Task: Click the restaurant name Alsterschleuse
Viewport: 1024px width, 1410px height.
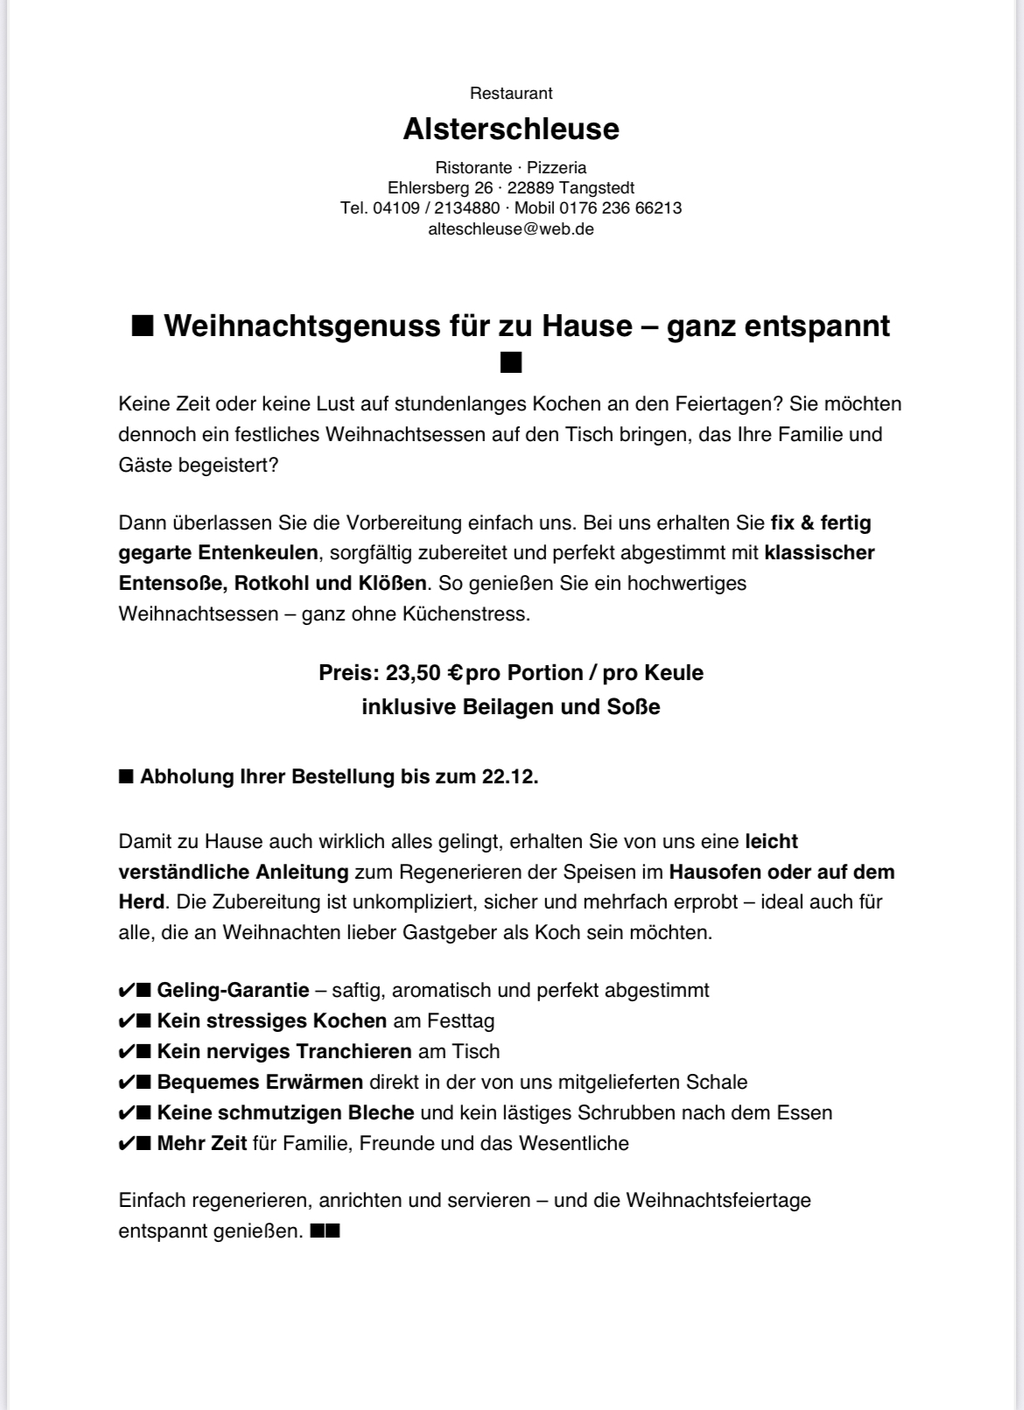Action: point(510,130)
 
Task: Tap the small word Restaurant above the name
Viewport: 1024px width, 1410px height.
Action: point(511,94)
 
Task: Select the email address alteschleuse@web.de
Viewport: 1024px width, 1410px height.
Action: point(511,229)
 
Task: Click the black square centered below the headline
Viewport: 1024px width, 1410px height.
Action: point(511,362)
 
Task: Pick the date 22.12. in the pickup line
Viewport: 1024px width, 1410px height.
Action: point(509,776)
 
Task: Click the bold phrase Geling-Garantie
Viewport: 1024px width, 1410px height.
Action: point(233,991)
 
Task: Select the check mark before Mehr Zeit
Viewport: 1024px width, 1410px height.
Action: point(125,1144)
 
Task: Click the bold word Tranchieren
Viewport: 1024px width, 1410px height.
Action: point(354,1052)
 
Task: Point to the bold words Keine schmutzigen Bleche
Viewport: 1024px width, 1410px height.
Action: point(285,1113)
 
